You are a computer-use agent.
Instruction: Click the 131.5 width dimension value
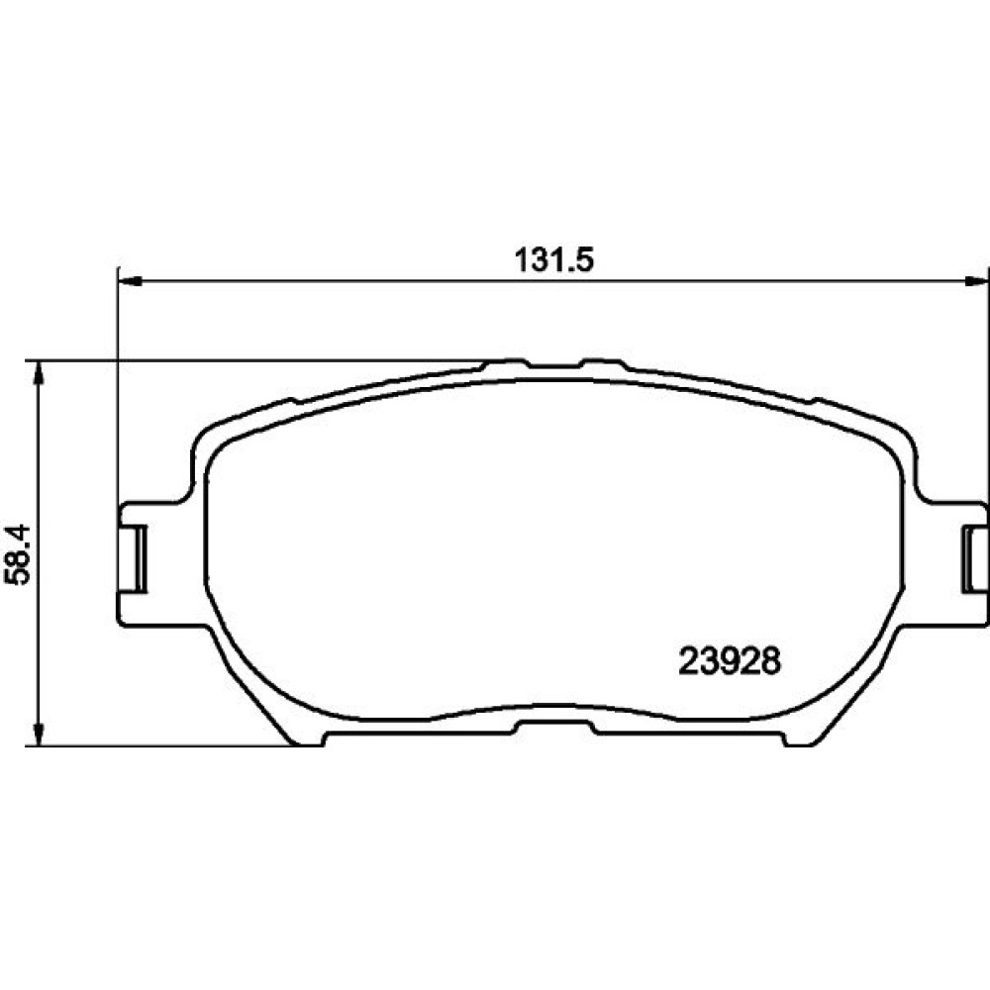coord(554,259)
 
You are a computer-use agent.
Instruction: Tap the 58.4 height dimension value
coord(18,553)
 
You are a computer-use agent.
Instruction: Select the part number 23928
coord(730,661)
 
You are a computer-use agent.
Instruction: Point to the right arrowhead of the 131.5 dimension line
coord(974,282)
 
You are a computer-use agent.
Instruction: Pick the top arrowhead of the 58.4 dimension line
coord(40,372)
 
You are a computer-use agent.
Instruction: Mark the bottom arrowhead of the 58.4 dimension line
coord(40,735)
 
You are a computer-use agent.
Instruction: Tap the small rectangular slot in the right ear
coord(973,558)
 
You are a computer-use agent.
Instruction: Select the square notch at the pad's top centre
coord(553,363)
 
